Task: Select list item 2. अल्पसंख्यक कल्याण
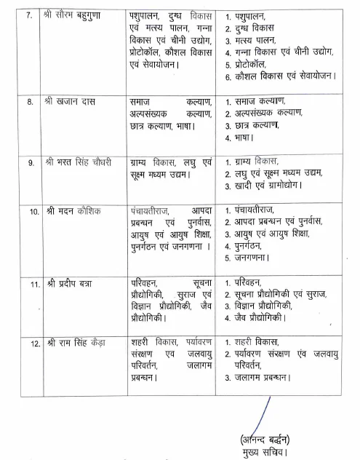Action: pos(271,113)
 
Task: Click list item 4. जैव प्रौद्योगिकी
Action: pos(260,317)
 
